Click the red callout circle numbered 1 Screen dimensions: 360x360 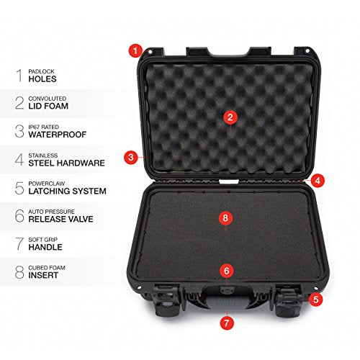click(135, 51)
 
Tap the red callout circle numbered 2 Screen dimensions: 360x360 click(230, 117)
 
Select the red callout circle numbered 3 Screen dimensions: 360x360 click(131, 158)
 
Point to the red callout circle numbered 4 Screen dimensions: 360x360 click(318, 181)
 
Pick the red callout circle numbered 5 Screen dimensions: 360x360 click(315, 300)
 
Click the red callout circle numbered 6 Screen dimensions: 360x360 click(227, 271)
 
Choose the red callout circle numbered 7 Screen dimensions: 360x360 click(227, 323)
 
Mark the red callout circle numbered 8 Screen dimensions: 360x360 click(225, 218)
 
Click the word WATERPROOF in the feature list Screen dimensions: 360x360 click(58, 135)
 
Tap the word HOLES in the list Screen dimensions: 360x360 click(42, 79)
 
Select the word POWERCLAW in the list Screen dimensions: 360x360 click(47, 184)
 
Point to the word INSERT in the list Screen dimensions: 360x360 click(43, 275)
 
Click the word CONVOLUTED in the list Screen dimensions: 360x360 click(48, 99)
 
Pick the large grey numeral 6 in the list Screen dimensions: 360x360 click(19, 215)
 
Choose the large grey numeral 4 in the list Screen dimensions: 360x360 click(19, 160)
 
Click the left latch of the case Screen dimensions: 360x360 click(167, 300)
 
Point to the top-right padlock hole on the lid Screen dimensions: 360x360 click(307, 51)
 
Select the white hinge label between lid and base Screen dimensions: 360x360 click(229, 181)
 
